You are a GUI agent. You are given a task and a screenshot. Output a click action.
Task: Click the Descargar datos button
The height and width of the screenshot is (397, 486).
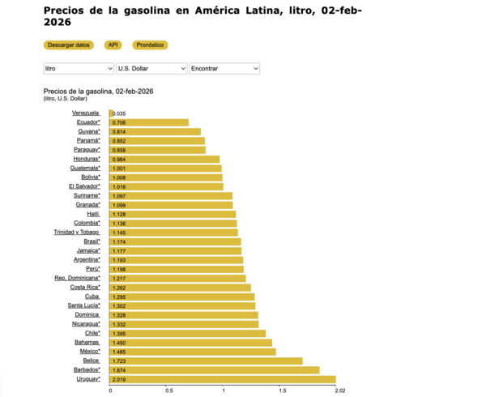coord(69,45)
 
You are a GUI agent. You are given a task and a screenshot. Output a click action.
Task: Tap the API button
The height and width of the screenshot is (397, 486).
coord(114,45)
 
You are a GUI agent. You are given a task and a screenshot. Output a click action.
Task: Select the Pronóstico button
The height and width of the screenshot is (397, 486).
coord(151,45)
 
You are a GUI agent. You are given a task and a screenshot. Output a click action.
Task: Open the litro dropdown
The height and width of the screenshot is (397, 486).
coord(79,69)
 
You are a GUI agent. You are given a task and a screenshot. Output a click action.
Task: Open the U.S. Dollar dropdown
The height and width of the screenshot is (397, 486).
coord(151,69)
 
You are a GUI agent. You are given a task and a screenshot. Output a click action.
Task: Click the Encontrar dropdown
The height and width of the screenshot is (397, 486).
coord(224,69)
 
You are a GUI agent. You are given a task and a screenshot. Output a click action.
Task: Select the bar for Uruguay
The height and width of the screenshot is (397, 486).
coord(222,378)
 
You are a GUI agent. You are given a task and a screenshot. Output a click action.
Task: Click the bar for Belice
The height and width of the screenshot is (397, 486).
coord(206,361)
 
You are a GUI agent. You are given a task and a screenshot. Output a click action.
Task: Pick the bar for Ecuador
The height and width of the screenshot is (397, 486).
coord(149,122)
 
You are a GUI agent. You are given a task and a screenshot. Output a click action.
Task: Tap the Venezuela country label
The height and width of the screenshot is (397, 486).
coord(86,113)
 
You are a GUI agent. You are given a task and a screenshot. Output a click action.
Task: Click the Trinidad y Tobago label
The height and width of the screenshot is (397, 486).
coord(77,232)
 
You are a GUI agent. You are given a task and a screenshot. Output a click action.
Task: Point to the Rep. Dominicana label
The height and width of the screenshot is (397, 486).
coord(77,278)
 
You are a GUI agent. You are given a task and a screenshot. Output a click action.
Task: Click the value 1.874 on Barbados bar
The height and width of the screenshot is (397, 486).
coord(119,369)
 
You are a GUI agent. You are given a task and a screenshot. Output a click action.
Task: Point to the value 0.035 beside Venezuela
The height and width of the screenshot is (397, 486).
coord(119,113)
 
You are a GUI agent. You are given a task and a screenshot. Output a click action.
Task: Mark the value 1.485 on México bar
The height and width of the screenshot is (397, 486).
coord(119,352)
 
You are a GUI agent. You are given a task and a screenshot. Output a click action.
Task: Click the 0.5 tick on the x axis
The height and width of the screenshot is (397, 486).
coord(168,390)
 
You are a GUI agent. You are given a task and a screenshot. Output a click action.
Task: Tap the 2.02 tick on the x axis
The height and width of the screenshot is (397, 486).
coord(339,390)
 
